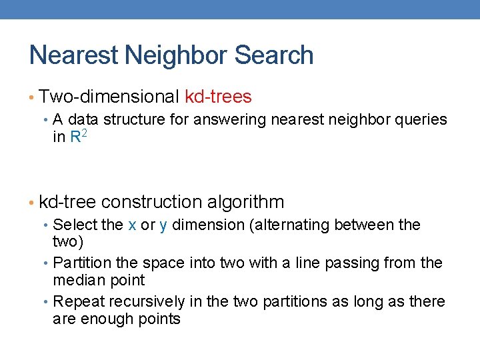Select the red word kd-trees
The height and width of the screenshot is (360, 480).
tap(218, 97)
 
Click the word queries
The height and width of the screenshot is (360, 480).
tap(421, 119)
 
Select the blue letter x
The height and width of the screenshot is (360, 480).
tap(132, 225)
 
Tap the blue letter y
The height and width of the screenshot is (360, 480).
tap(163, 225)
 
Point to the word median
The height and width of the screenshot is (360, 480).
tap(75, 280)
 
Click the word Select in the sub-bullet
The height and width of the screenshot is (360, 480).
tap(71, 225)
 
